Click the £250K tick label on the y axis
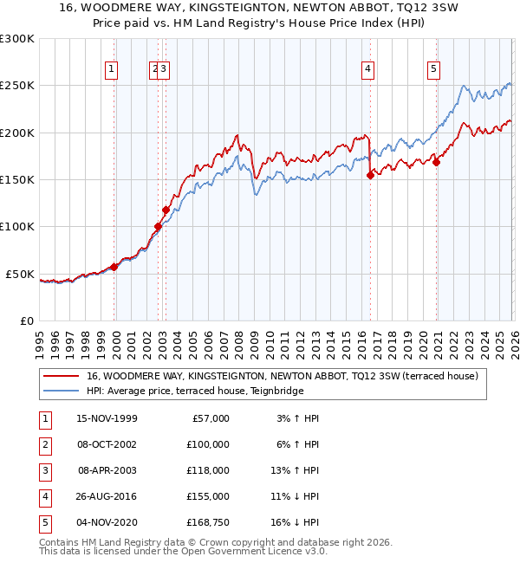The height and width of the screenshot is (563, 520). click(17, 86)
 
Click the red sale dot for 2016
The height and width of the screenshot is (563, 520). click(370, 175)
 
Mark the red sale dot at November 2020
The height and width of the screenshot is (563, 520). click(436, 162)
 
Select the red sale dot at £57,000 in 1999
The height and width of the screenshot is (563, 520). click(114, 267)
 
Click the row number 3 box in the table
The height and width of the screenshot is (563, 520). click(44, 469)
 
